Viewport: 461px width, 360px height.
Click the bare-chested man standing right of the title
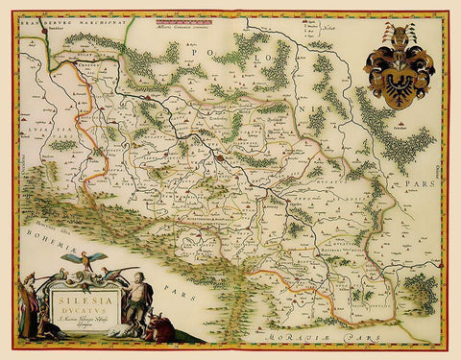click(x=139, y=298)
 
